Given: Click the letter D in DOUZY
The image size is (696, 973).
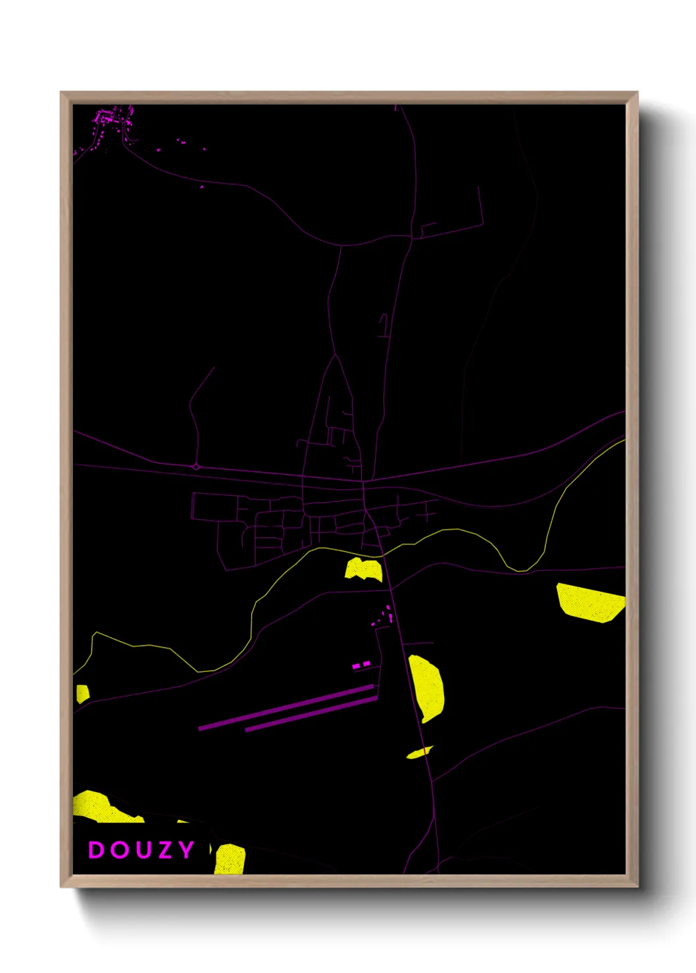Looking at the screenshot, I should [96, 850].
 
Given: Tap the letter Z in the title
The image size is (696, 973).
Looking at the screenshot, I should [164, 850].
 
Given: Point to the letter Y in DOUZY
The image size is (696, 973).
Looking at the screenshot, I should [186, 850].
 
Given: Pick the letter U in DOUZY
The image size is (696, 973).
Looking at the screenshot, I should [141, 850].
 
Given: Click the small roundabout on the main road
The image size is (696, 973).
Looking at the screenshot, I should [196, 467].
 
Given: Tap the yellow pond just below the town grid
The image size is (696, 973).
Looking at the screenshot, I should [363, 569].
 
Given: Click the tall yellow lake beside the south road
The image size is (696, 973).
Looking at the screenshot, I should [428, 687].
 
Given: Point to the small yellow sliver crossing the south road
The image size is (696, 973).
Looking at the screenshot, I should [419, 753].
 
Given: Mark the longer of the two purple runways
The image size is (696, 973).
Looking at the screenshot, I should [286, 707].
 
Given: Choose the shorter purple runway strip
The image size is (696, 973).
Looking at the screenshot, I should [311, 714].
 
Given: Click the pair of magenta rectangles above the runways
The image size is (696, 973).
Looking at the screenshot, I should [361, 665].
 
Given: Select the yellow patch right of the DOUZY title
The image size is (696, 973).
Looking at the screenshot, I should [230, 859].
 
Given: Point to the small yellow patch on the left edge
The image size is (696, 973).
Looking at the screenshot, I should [82, 693].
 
